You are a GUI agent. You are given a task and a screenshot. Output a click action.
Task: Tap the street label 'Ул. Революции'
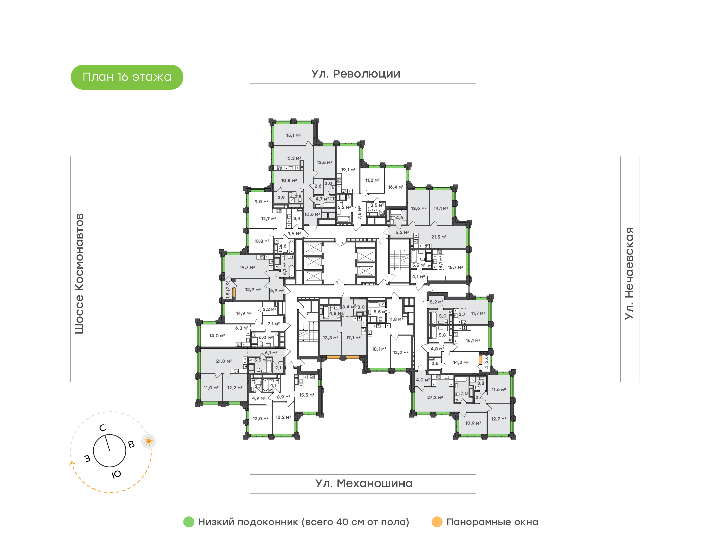[356, 74]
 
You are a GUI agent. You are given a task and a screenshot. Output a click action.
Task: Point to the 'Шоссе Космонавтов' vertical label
[79, 274]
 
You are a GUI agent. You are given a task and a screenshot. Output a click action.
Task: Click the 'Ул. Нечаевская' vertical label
[629, 274]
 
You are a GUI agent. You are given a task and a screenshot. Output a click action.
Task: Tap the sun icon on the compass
[149, 441]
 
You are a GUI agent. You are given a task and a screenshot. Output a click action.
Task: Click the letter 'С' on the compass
[102, 428]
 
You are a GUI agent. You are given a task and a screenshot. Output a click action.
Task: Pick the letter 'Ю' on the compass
[116, 474]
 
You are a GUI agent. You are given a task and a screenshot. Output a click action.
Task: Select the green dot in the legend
[189, 522]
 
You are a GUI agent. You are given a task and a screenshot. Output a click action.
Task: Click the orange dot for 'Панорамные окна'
[437, 522]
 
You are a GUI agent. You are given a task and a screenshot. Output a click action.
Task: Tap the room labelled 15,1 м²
[293, 135]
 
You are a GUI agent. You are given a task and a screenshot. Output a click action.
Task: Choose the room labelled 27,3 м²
[435, 398]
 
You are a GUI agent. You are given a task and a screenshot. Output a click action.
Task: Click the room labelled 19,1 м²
[348, 170]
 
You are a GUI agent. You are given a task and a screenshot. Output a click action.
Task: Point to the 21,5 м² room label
[439, 237]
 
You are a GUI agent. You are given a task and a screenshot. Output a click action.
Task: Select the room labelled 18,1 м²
[379, 349]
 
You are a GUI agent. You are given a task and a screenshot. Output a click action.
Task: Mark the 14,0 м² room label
[217, 336]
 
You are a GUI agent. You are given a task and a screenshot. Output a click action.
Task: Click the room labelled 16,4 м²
[396, 187]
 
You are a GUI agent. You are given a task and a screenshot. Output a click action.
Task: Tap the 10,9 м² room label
[473, 423]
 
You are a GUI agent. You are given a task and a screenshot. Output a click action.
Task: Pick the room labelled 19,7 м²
[247, 267]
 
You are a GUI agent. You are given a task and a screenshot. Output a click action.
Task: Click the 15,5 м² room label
[307, 395]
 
